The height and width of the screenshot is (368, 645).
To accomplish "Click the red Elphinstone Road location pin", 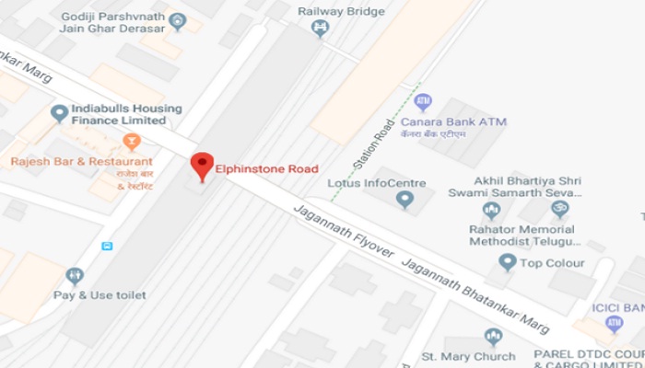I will tap(202, 167).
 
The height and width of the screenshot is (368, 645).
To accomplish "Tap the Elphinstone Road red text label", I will tap(266, 168).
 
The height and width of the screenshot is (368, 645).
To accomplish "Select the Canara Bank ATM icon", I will tap(423, 102).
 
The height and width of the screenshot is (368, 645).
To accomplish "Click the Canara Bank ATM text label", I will tap(453, 122).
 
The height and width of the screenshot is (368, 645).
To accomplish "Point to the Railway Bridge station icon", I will tap(320, 29).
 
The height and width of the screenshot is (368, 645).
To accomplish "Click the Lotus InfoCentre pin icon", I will tap(404, 199).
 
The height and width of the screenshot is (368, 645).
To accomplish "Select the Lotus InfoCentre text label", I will tap(377, 183).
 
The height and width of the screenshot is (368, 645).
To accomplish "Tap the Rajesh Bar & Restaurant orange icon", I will tap(131, 143).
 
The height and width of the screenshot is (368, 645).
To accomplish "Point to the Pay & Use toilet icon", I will tap(75, 275).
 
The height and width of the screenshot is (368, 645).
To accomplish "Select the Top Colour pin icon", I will tap(506, 263).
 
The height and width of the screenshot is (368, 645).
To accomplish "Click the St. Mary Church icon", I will tap(492, 337).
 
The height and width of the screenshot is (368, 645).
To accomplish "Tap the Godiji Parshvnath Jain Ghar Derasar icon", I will tap(178, 21).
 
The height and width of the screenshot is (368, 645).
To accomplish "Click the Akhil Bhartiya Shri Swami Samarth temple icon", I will tap(559, 210).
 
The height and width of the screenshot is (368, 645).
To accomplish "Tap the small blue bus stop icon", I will tap(108, 246).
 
